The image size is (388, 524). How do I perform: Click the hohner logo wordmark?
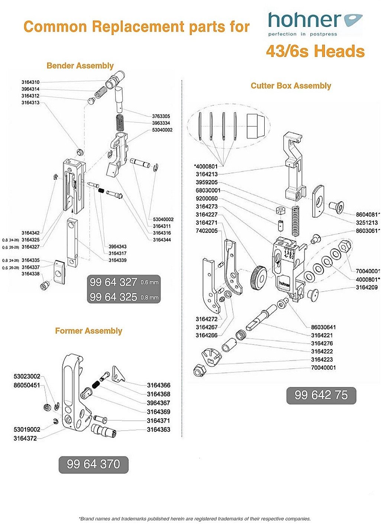(305, 20)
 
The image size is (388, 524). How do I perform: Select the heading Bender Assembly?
(80, 66)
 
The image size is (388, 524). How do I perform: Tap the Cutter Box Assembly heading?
(291, 86)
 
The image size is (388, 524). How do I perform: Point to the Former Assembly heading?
(88, 331)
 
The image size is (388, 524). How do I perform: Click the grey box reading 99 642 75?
(321, 395)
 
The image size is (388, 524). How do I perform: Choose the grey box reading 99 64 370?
(93, 464)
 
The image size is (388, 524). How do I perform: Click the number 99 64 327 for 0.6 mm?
(114, 282)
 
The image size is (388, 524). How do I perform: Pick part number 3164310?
(30, 82)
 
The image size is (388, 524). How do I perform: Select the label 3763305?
(161, 116)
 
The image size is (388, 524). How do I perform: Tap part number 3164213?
(207, 174)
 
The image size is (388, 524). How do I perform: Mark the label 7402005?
(207, 231)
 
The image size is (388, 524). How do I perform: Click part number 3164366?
(158, 385)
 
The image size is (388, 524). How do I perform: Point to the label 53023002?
(27, 377)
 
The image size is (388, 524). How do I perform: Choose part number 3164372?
(25, 438)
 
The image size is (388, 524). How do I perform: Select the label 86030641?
(323, 327)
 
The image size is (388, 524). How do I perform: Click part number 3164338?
(30, 274)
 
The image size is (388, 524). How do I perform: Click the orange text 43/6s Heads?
(315, 51)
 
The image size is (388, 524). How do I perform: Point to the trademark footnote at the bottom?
(194, 518)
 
